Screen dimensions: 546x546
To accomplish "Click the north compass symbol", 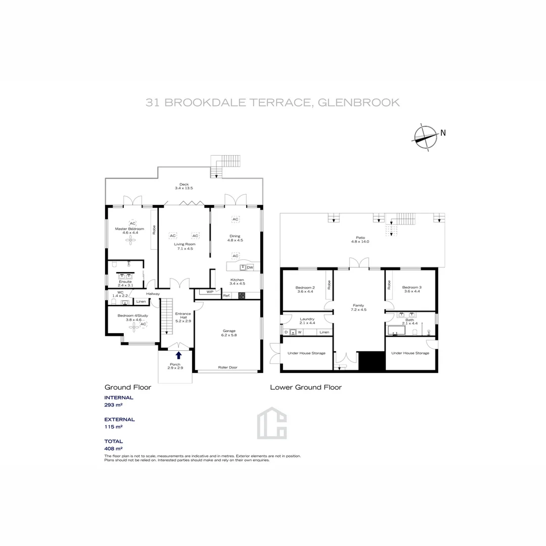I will (x=426, y=136).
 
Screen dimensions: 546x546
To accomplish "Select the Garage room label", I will (x=229, y=333).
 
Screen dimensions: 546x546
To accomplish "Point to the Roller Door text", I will (x=227, y=368).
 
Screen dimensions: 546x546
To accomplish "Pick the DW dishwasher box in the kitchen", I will (x=250, y=267).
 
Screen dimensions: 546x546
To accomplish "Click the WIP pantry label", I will (x=210, y=292).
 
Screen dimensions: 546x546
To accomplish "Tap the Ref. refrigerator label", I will (x=226, y=295).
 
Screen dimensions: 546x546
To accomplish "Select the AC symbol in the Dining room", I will (x=235, y=219).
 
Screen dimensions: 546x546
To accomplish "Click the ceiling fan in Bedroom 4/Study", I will (x=133, y=328).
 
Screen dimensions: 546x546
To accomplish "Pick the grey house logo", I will (x=271, y=423).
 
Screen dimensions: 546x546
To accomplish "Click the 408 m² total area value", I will (x=113, y=448).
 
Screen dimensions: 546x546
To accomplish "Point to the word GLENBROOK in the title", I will (x=359, y=103).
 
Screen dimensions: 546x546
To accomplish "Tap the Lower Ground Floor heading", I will (x=305, y=387).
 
